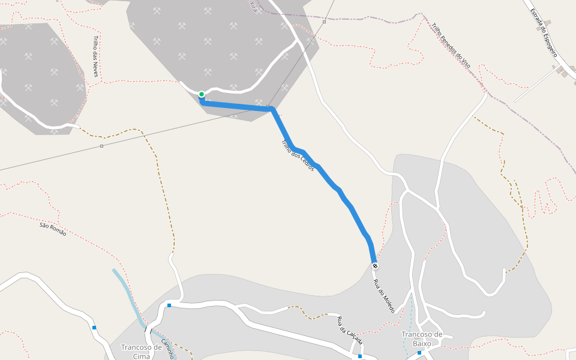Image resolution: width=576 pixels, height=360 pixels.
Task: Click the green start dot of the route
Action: [x=202, y=94]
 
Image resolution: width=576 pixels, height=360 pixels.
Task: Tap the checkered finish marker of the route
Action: [x=375, y=266]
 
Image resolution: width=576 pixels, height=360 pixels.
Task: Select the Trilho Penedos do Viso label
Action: [x=450, y=44]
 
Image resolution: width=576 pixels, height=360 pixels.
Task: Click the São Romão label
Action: [x=53, y=229]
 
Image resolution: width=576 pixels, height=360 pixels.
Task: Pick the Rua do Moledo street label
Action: [x=384, y=296]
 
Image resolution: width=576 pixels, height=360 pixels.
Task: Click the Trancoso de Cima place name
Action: [x=141, y=351]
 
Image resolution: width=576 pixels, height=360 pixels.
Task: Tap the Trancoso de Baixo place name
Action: [x=422, y=338]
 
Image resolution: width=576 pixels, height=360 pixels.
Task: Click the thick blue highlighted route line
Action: [x=324, y=174]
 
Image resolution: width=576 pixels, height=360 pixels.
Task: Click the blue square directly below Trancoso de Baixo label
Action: [x=419, y=353]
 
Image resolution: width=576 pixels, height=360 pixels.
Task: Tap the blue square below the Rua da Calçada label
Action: [x=360, y=357]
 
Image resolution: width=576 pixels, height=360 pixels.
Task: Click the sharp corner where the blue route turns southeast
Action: [x=273, y=109]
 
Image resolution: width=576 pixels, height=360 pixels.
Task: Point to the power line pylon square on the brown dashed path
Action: [x=102, y=146]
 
